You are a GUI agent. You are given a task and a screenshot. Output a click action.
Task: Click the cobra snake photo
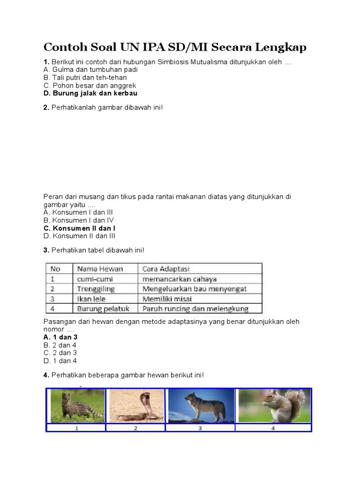pos(136,405)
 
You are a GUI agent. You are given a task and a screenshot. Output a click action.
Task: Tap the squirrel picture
pos(274,405)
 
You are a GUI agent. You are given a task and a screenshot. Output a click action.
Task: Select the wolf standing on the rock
pos(200,405)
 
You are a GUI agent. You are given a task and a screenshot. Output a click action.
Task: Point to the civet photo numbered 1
pos(76,405)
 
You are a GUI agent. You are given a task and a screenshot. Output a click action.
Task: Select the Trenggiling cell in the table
pos(96,289)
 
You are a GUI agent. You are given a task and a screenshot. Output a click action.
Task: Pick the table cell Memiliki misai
pos(167,299)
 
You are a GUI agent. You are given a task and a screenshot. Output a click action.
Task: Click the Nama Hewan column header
pos(100,269)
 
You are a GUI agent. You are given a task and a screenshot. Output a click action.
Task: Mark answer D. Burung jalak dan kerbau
pos(90,93)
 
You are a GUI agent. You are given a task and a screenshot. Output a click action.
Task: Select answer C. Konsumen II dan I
pos(79,228)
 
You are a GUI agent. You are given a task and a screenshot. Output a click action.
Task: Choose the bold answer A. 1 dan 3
pos(60,337)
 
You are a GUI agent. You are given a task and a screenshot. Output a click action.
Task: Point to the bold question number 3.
pos(46,250)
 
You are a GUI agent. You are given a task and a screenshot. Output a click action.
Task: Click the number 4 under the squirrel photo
pos(273,428)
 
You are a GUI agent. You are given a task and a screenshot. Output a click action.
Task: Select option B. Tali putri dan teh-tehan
pos(85,77)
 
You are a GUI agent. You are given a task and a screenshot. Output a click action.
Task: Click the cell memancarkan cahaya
pos(180,279)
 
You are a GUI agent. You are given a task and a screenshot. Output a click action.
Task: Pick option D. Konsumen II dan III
pos(79,236)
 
